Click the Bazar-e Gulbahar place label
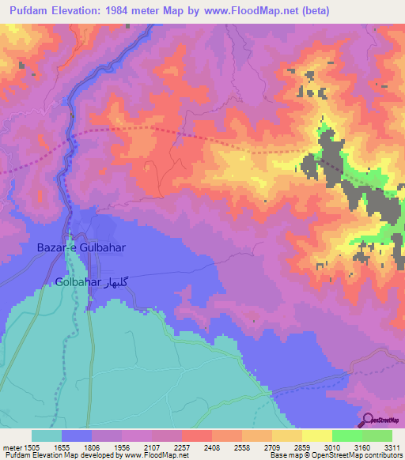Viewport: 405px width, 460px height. [x=81, y=247]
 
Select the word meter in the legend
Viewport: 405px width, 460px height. [x=13, y=447]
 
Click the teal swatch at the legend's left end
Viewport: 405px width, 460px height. [x=47, y=435]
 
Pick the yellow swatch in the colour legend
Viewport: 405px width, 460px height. [x=316, y=435]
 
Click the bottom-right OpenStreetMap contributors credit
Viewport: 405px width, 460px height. [x=335, y=455]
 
